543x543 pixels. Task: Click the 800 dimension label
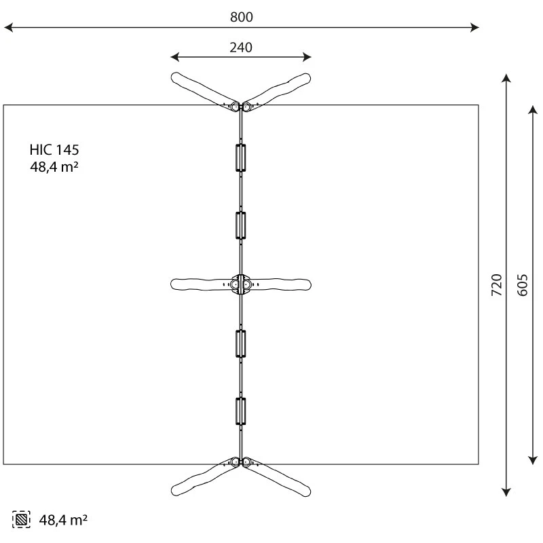coord(241,17)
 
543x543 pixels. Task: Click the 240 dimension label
coord(241,47)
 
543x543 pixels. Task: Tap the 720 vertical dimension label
coord(496,285)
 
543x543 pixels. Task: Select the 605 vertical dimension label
coord(522,285)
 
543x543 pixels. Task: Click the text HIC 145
coord(59,150)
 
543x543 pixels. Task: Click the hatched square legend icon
coord(21,520)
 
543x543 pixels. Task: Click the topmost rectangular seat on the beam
coord(240,157)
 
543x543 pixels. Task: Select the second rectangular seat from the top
coord(240,225)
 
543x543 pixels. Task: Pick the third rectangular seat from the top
coord(240,343)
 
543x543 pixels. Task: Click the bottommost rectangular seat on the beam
coord(240,411)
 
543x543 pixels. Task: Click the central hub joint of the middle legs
coord(240,284)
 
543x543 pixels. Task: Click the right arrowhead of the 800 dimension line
coord(475,28)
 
